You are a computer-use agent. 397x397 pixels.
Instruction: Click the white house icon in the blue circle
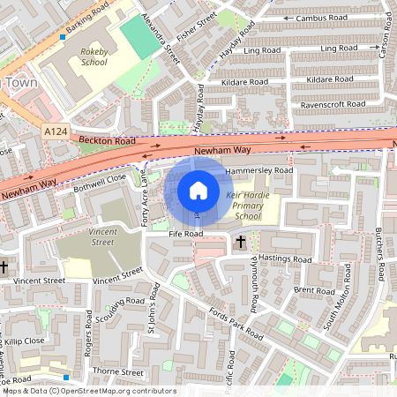coord(198,191)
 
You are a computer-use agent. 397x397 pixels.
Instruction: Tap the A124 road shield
coord(56,131)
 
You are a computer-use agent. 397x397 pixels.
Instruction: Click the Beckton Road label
coord(106,141)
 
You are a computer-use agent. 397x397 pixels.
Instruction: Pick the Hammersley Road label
coord(258,169)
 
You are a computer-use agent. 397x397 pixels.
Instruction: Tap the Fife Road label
coord(186,234)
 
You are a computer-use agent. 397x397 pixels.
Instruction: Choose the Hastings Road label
coord(285,259)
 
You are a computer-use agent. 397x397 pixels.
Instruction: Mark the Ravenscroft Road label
coord(333,103)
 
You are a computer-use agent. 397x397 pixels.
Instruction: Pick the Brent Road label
coord(314,289)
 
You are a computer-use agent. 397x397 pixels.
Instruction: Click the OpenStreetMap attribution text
coord(89,390)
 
